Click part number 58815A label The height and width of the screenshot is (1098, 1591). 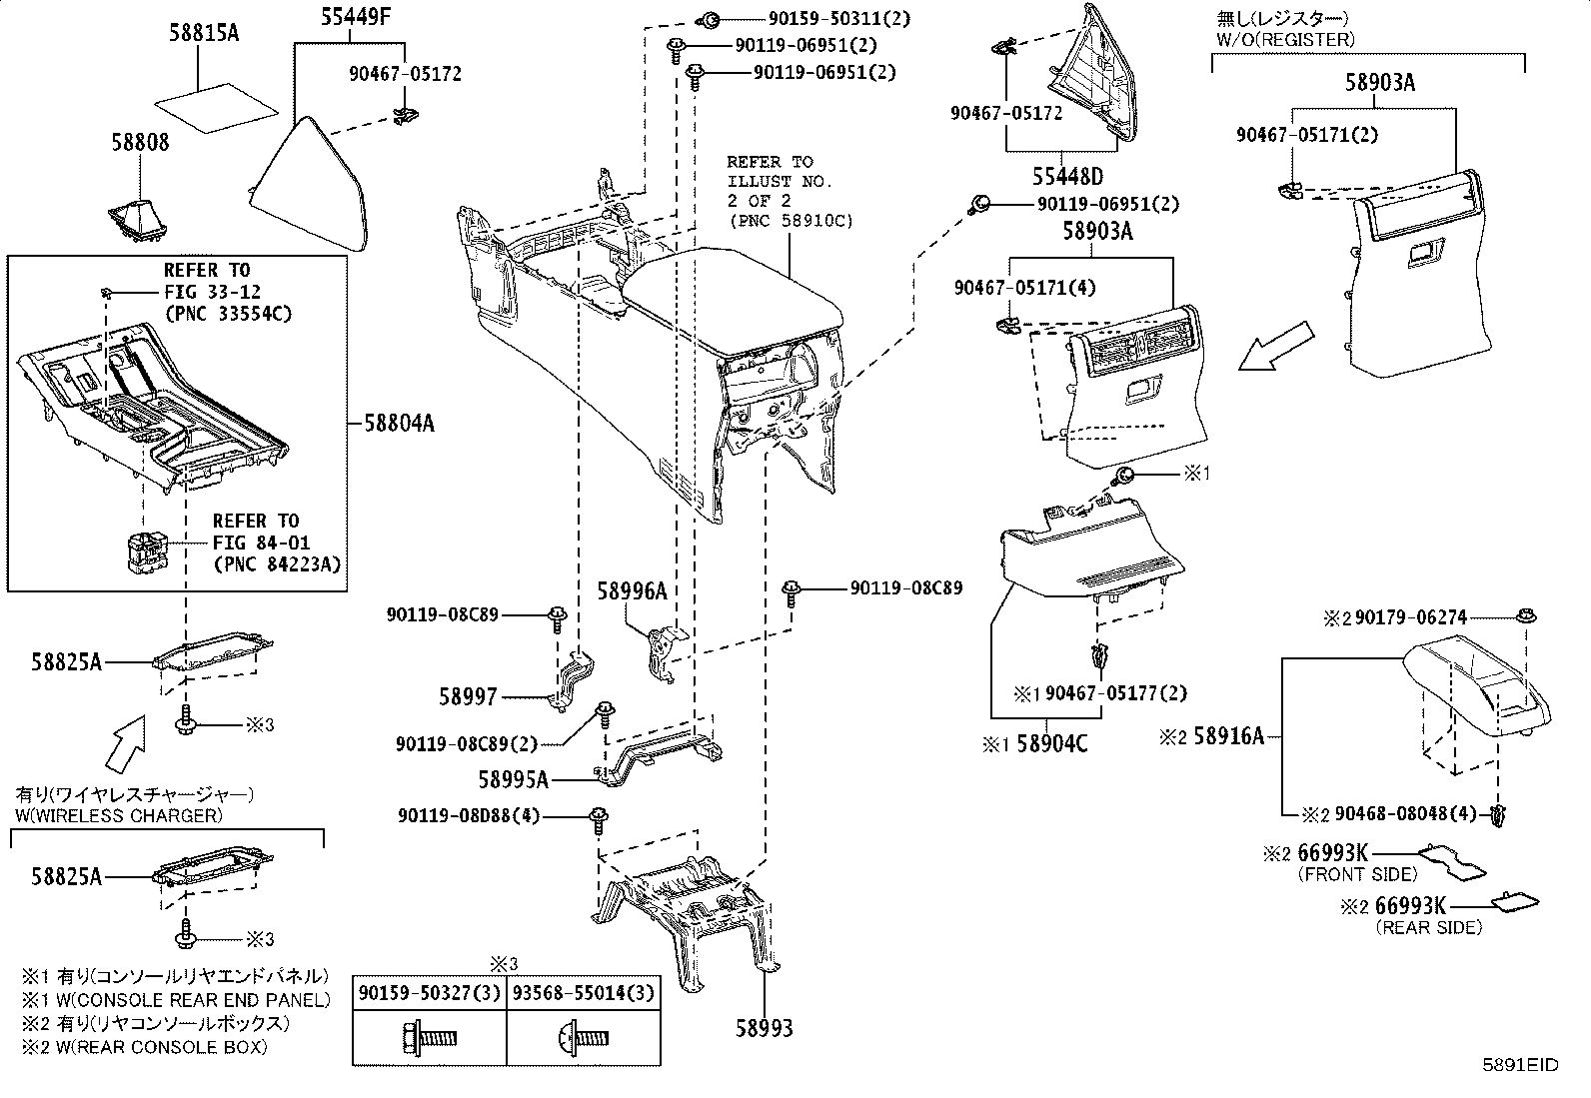tap(203, 33)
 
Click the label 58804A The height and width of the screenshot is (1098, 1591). tap(398, 423)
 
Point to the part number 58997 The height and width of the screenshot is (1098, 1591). tap(469, 696)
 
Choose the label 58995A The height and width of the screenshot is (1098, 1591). tap(514, 780)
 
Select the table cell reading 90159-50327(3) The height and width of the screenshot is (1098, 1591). tap(429, 993)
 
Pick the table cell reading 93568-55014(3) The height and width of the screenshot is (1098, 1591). tap(583, 993)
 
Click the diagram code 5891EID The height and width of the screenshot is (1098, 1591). tap(1520, 1065)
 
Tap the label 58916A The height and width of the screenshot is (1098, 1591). tap(1229, 737)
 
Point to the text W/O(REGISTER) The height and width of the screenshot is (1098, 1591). tap(1284, 40)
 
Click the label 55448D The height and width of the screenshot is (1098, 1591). tap(1067, 177)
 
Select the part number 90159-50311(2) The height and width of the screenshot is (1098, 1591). tap(824, 18)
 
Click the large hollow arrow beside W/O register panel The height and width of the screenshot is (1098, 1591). tap(1276, 346)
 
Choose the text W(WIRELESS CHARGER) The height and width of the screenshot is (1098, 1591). tap(118, 815)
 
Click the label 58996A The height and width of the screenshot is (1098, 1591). tap(632, 591)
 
